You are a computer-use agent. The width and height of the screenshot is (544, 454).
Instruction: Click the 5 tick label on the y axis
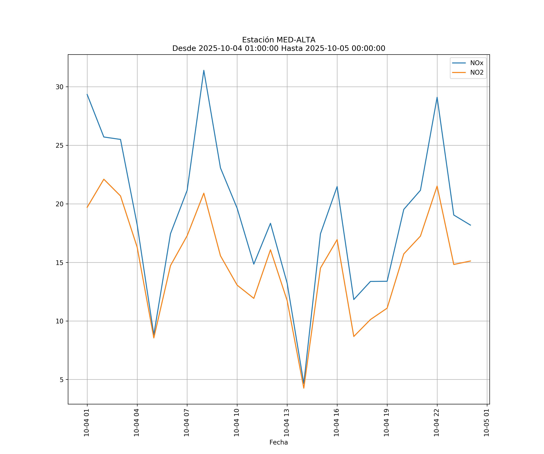coord(61,380)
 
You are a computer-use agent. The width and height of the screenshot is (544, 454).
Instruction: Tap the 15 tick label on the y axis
coord(60,263)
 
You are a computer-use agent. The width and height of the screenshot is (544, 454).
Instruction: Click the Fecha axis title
coord(278,442)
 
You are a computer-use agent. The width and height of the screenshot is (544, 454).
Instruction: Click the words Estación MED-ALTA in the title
coord(278,40)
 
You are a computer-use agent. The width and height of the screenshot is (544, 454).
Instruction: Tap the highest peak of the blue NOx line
coord(204,70)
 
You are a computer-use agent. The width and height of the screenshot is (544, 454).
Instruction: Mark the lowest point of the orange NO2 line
coord(304,388)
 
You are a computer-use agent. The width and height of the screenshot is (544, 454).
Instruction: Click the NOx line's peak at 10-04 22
coord(437,97)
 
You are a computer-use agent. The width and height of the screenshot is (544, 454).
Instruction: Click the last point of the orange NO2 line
coord(470,261)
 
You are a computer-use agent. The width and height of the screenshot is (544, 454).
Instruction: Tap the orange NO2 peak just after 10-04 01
coord(104,179)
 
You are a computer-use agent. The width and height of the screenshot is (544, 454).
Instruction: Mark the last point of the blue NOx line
coord(470,225)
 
